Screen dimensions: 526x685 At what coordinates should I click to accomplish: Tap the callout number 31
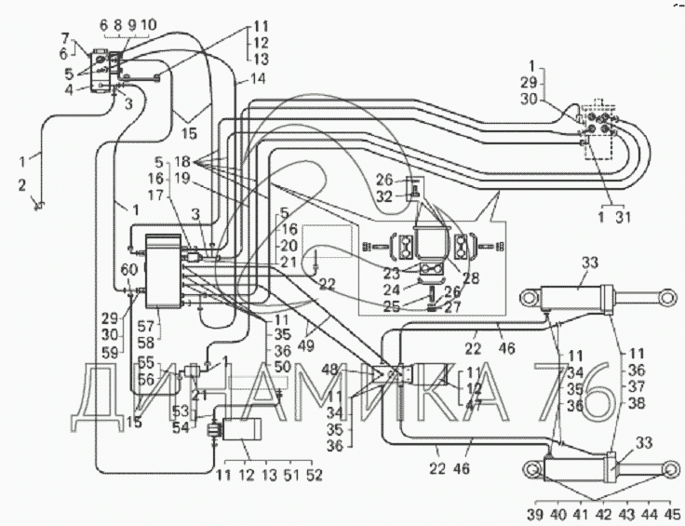(624, 219)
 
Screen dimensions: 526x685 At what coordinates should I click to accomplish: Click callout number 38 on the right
(636, 405)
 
